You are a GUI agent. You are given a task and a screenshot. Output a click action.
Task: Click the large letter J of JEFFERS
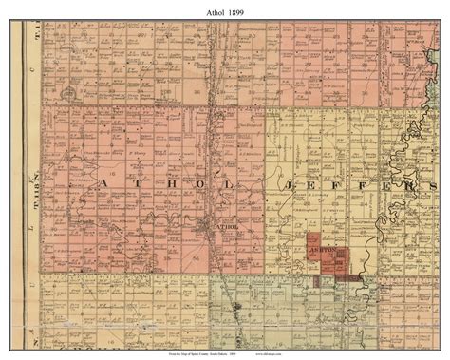click(282, 184)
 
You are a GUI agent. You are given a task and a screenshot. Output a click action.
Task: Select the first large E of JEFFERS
click(313, 184)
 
